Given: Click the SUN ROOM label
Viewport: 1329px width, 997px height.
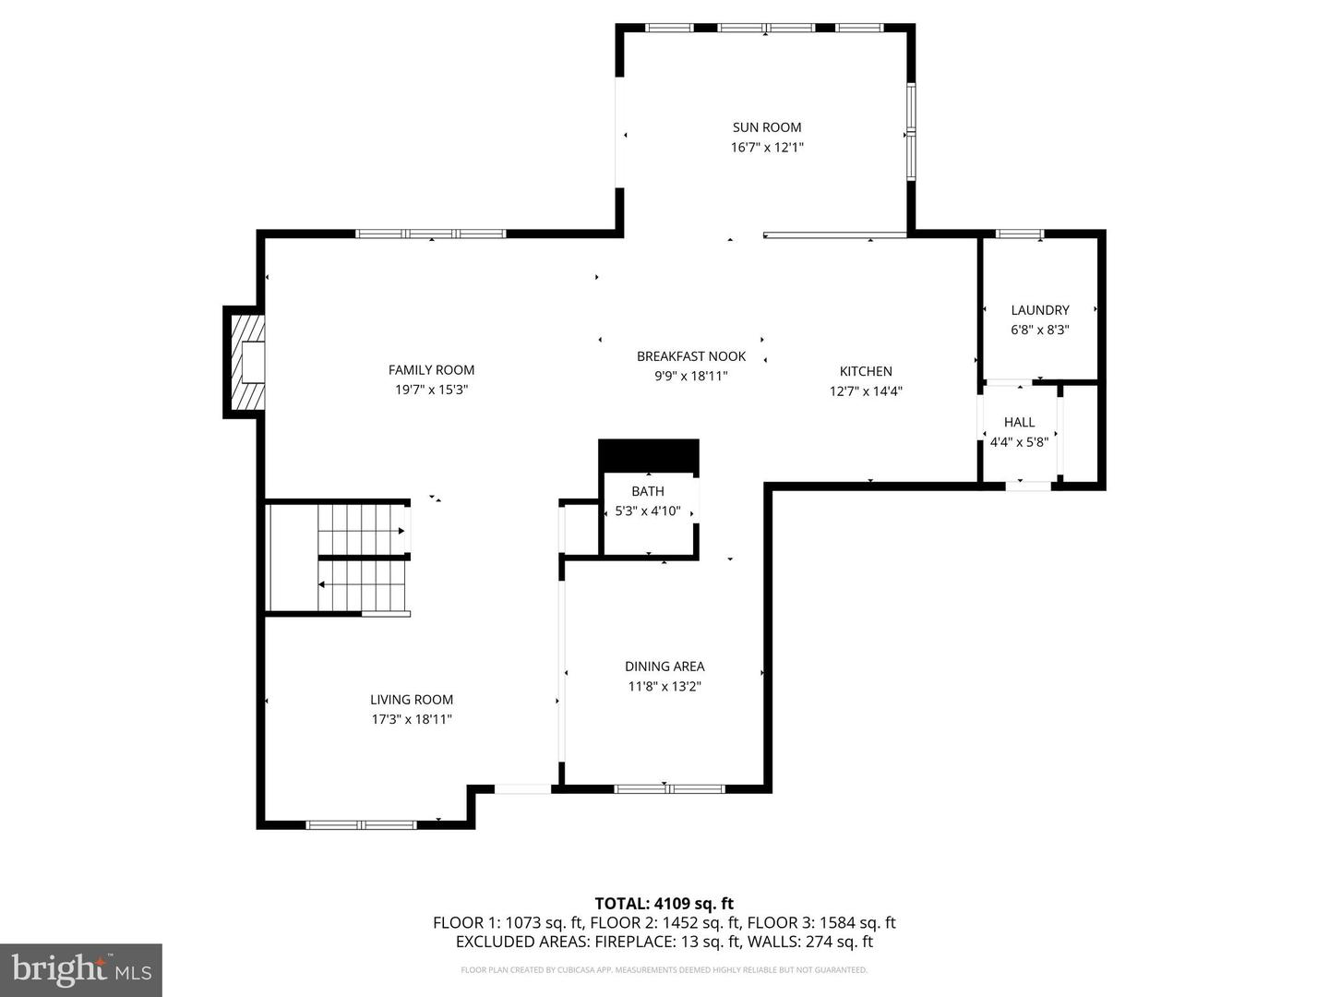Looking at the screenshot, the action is pyautogui.click(x=767, y=127).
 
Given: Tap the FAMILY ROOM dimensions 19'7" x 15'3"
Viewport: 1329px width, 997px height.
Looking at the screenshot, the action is pyautogui.click(x=432, y=390).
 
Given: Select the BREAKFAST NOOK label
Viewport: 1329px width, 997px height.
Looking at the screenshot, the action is pyautogui.click(x=691, y=356).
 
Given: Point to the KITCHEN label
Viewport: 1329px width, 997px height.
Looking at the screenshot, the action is pyautogui.click(x=866, y=371).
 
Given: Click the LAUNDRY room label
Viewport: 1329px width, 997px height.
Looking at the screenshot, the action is pyautogui.click(x=1040, y=310).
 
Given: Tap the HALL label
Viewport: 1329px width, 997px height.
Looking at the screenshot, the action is pyautogui.click(x=1019, y=422).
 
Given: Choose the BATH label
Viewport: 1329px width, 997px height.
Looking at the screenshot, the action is pyautogui.click(x=648, y=491).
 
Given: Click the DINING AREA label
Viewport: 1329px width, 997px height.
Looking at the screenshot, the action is pyautogui.click(x=664, y=667).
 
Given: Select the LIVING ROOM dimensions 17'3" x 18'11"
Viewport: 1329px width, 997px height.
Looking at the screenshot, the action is pyautogui.click(x=412, y=719).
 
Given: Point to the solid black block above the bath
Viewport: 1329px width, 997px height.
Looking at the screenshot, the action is pyautogui.click(x=649, y=454).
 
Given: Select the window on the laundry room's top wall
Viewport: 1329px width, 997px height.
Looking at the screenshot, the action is pyautogui.click(x=1020, y=234).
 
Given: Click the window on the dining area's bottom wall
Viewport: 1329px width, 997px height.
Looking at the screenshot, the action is pyautogui.click(x=669, y=788).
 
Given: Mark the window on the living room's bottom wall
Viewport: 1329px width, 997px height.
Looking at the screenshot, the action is pyautogui.click(x=361, y=824).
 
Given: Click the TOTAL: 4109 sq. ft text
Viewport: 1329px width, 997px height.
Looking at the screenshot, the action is pyautogui.click(x=664, y=903).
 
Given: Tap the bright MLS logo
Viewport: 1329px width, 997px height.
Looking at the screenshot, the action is pyautogui.click(x=81, y=969).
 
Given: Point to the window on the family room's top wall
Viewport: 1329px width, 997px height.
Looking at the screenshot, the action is pyautogui.click(x=430, y=234).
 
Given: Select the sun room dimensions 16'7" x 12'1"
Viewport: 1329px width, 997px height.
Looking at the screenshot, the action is pyautogui.click(x=767, y=147).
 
